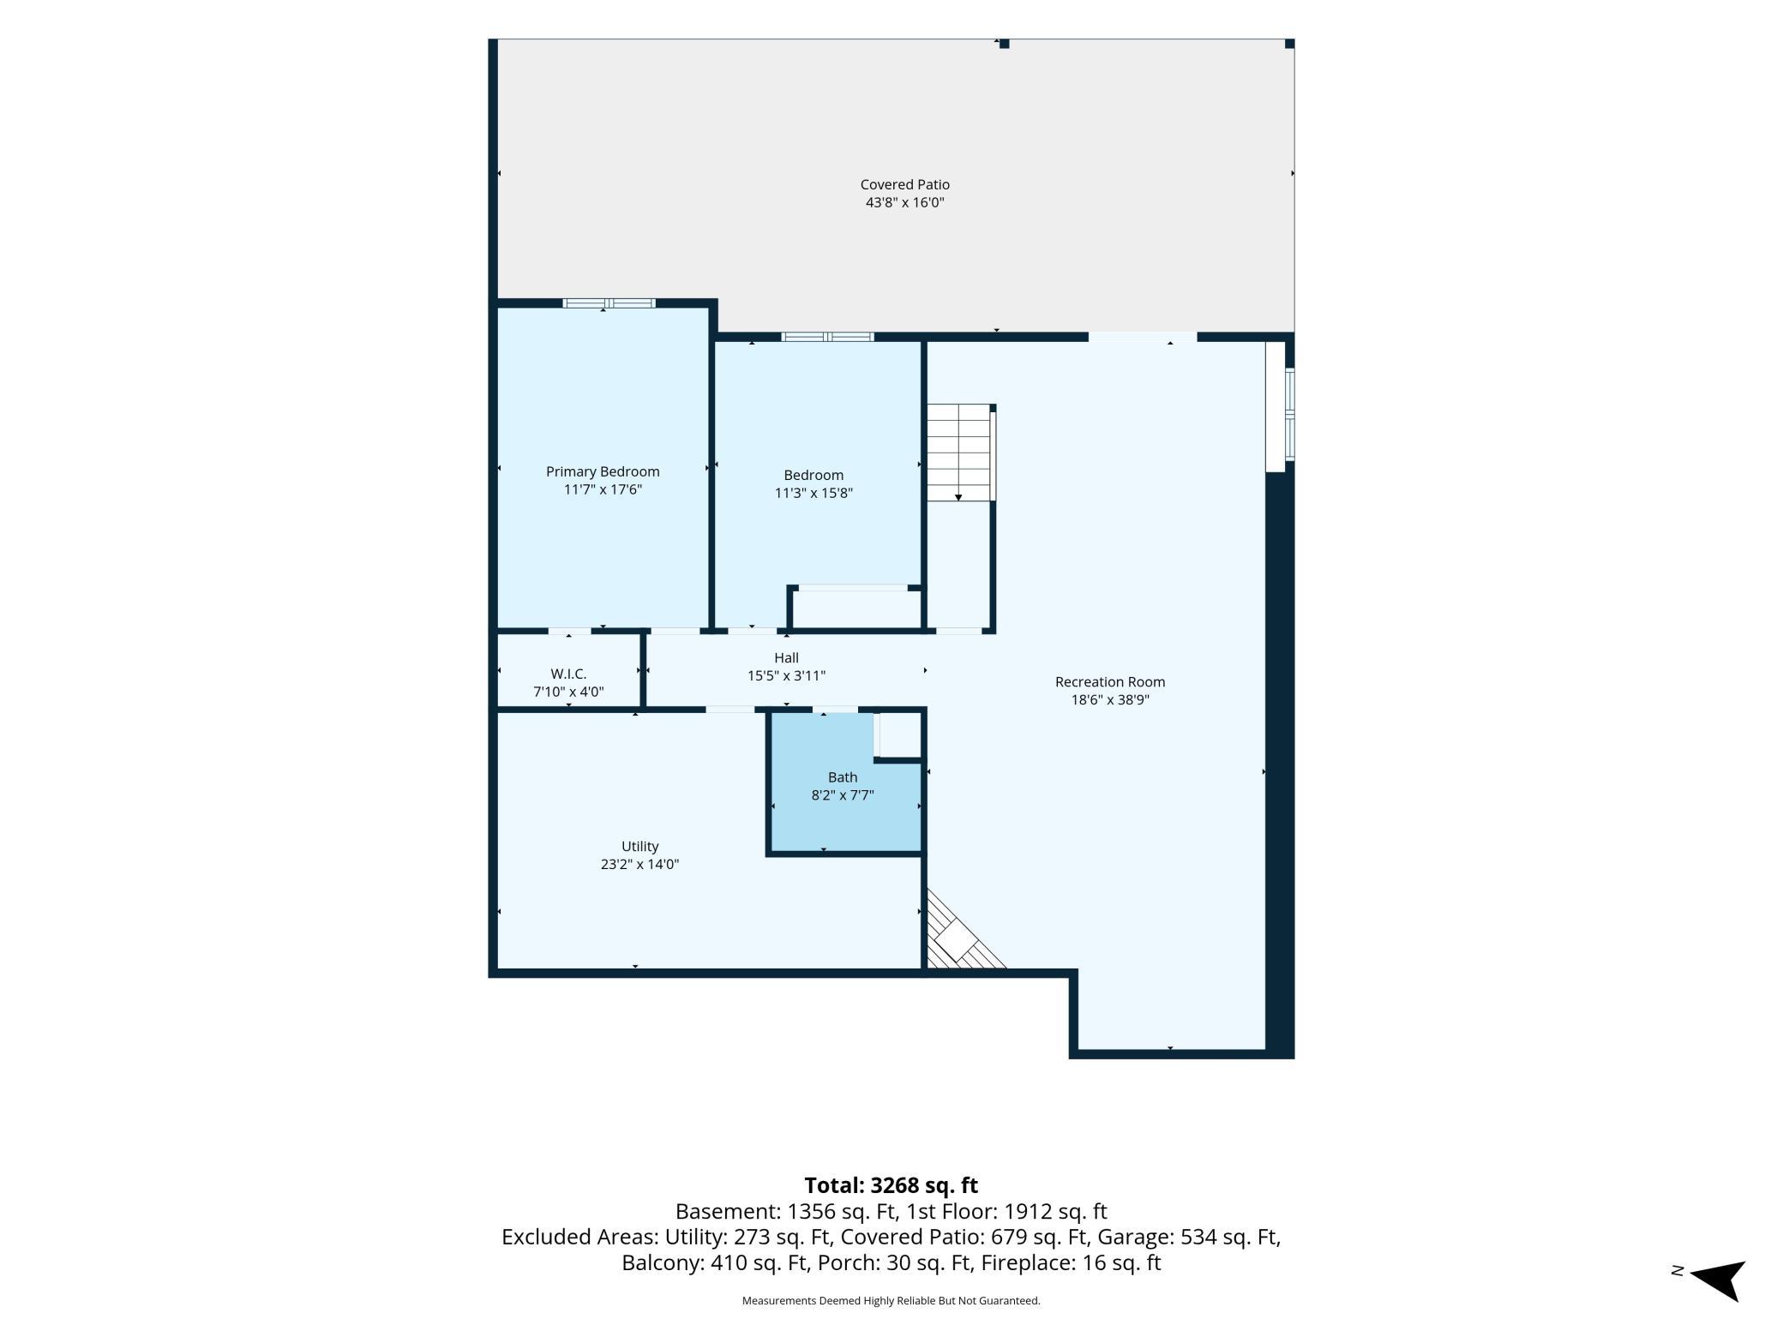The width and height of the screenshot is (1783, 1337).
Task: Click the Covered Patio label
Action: point(904,184)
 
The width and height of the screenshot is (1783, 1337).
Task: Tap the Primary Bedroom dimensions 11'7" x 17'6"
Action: point(603,489)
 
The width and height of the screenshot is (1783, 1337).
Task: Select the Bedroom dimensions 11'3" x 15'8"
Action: point(813,493)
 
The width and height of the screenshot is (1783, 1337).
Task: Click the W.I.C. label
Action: point(568,674)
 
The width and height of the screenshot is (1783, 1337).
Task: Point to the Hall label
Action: point(786,658)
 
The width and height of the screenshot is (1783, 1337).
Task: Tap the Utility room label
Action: point(639,846)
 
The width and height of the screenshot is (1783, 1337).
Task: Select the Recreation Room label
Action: point(1110,682)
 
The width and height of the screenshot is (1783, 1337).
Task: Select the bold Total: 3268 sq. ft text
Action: point(891,1185)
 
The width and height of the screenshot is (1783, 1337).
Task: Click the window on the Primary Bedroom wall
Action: point(609,303)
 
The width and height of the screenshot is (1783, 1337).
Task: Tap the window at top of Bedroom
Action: point(827,337)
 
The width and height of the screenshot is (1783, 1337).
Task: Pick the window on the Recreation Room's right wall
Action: point(1289,415)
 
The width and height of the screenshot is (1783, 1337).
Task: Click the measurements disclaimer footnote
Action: point(891,1301)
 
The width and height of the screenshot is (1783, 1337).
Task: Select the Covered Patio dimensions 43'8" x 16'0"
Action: point(904,203)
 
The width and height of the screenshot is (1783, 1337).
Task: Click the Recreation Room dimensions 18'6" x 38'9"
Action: point(1110,700)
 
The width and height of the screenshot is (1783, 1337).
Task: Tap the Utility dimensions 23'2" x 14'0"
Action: point(639,865)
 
